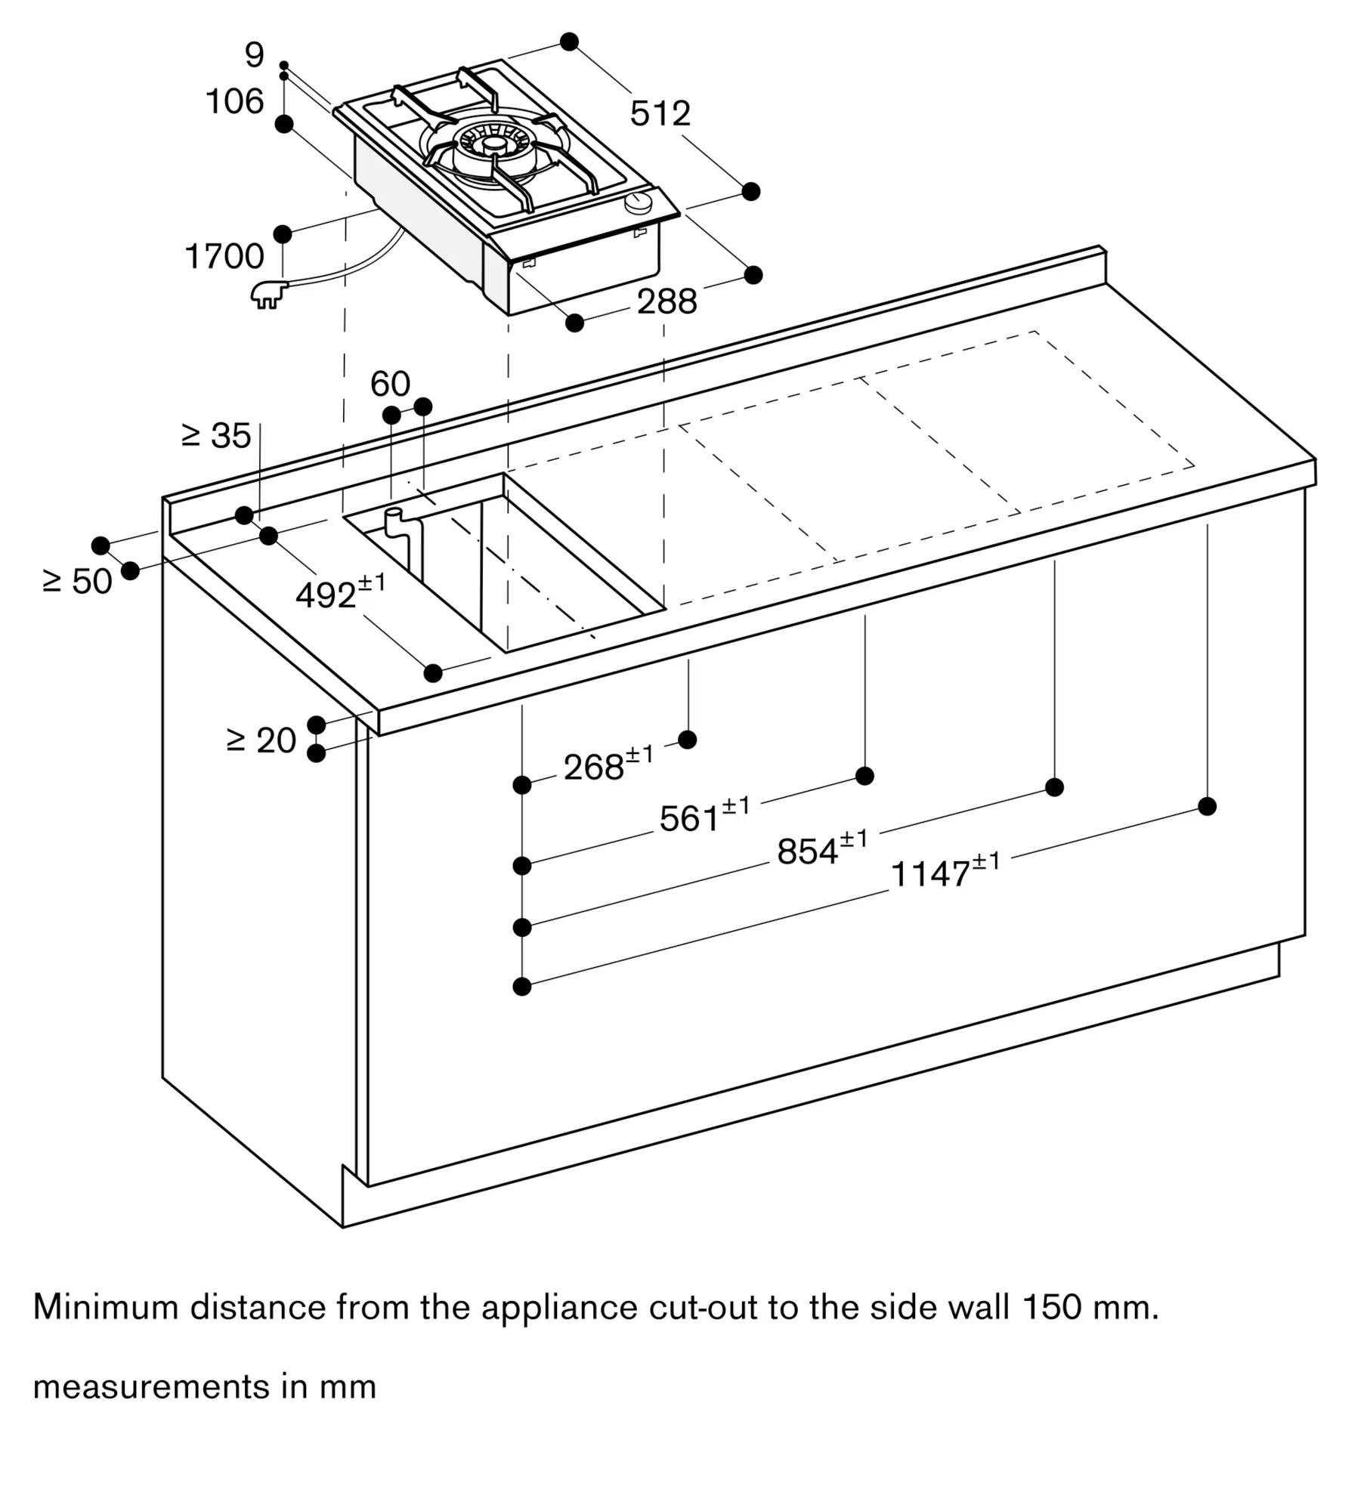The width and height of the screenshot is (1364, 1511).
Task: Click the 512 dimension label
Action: (660, 113)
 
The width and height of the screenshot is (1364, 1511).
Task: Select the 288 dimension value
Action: (667, 302)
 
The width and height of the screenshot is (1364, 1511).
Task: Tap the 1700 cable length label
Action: (224, 257)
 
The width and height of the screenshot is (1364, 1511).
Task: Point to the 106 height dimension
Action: (235, 101)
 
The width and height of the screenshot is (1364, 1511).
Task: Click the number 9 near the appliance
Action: (255, 55)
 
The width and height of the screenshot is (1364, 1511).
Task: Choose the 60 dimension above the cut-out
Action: (390, 384)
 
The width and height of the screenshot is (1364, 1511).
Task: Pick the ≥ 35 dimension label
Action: (216, 436)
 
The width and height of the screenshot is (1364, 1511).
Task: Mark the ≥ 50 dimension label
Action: (78, 581)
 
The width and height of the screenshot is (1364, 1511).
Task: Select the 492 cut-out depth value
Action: (340, 593)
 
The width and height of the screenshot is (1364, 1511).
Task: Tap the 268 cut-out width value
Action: (608, 765)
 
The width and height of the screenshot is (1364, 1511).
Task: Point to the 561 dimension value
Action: (704, 816)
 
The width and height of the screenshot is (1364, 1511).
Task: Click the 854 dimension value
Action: (822, 849)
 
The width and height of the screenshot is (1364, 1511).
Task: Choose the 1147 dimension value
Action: (945, 871)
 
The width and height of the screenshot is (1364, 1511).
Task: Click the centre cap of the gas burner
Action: (494, 144)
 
